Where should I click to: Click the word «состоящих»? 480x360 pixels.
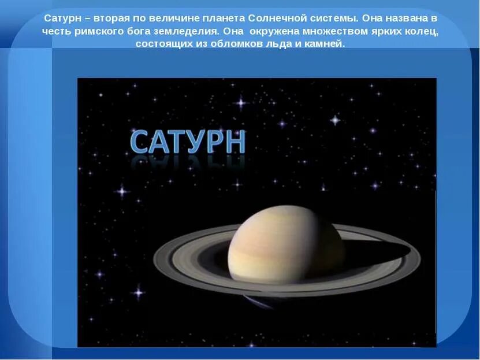(162, 44)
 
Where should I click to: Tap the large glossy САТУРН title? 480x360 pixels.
(188, 142)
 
